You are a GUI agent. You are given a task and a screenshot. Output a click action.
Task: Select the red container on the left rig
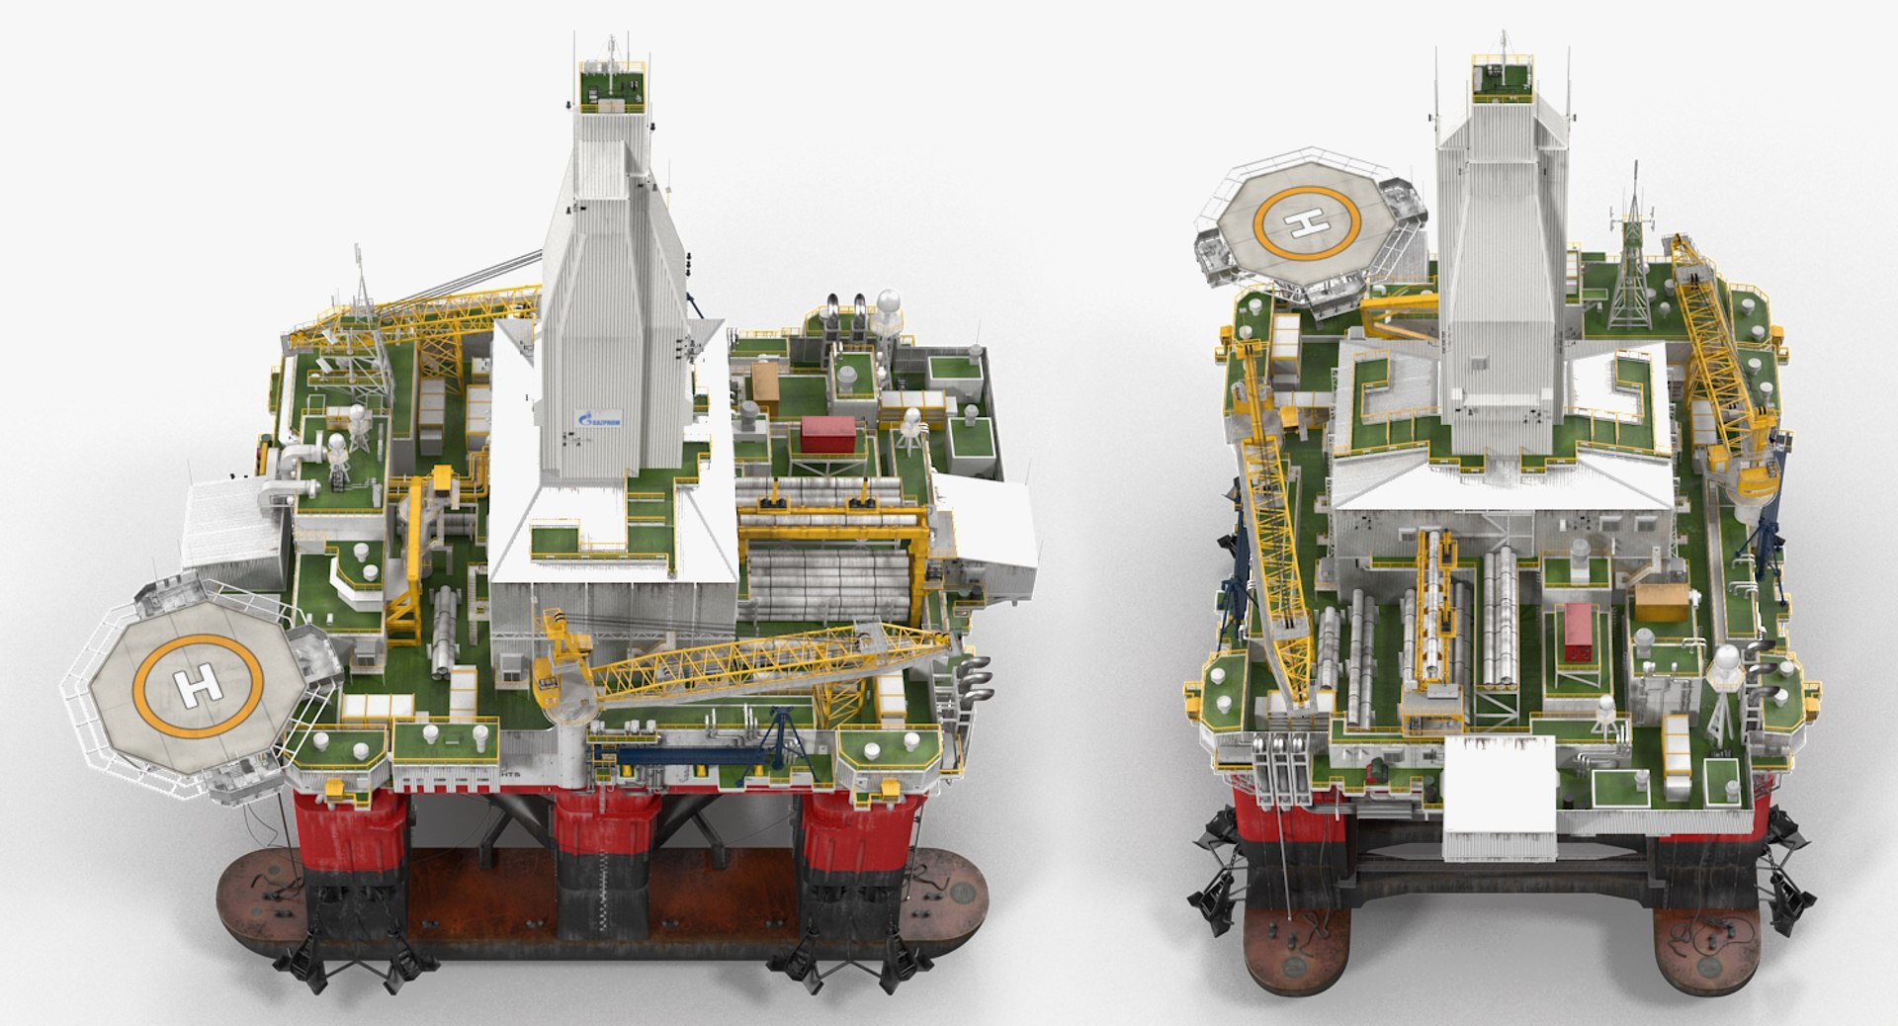click(828, 435)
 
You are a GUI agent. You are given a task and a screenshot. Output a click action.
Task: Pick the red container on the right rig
click(1577, 632)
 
